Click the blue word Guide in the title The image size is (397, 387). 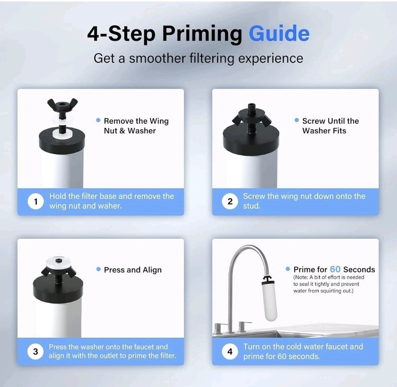(279, 34)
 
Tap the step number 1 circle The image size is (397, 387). (36, 201)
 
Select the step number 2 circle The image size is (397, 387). (230, 201)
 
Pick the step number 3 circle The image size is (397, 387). (36, 351)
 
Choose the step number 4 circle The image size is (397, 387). (230, 351)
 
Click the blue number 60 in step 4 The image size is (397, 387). (335, 269)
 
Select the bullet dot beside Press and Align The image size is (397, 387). (98, 269)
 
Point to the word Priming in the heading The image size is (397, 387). (202, 34)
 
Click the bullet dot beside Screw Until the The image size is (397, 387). (296, 120)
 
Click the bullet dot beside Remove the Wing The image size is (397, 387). (98, 120)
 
